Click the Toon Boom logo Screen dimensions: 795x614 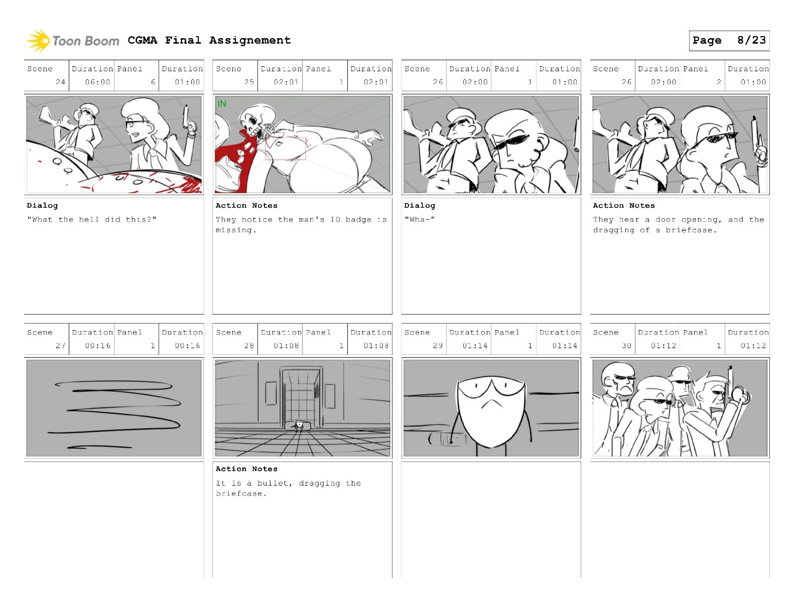coord(73,41)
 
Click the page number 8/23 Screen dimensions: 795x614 coord(751,40)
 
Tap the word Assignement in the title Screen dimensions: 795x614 coord(250,40)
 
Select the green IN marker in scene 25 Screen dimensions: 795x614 coord(222,104)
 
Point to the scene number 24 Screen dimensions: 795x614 coord(60,82)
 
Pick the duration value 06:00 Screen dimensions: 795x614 coord(98,82)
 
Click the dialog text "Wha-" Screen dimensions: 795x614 coord(420,219)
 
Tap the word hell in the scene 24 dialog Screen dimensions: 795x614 coord(89,219)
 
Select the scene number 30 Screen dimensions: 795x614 coord(626,346)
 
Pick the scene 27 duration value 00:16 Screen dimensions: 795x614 coord(98,346)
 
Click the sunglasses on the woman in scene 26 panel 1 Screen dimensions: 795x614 coord(511,141)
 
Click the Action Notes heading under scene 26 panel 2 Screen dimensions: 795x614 coord(624,206)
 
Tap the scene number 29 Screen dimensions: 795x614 coord(438,346)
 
